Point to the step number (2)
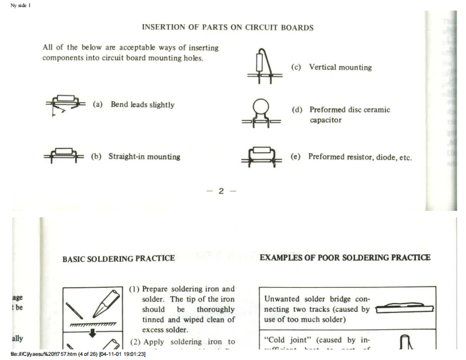[x=135, y=341]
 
